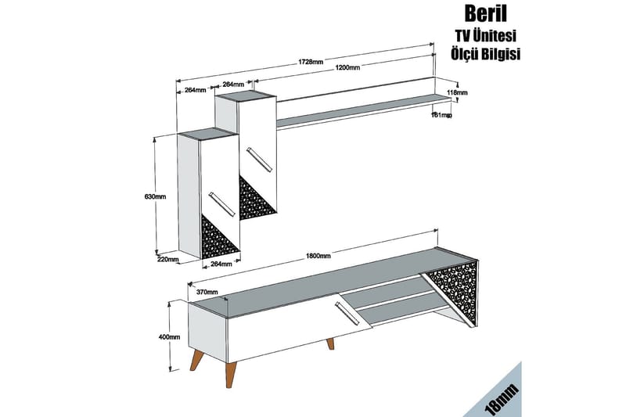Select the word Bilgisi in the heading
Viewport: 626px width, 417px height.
click(502, 53)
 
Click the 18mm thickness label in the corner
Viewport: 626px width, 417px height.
click(502, 399)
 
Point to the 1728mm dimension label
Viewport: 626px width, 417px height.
click(311, 62)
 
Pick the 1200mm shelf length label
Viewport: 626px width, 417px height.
click(347, 67)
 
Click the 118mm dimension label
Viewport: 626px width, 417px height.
click(457, 92)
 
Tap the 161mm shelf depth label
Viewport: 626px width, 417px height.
click(441, 115)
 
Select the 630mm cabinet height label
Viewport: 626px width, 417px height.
click(155, 196)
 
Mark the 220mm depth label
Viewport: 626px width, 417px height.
click(167, 260)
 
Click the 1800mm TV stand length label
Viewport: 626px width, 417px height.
click(318, 256)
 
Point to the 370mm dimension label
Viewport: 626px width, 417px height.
click(207, 292)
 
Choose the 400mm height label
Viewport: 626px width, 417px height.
click(169, 336)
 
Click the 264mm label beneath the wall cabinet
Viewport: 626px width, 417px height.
click(221, 264)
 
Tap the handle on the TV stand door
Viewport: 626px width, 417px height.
click(347, 314)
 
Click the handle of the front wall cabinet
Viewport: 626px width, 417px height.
click(221, 205)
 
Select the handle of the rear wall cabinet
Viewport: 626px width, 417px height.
click(260, 160)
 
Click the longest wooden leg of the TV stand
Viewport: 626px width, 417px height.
click(230, 374)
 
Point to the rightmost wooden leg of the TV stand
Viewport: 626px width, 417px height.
click(330, 344)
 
